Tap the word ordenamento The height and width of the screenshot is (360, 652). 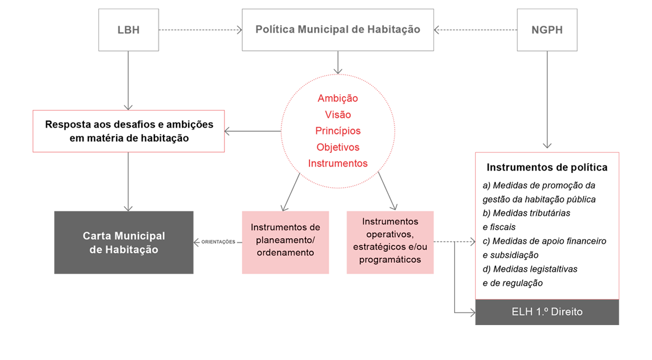click(x=285, y=252)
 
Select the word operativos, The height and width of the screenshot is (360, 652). click(x=390, y=234)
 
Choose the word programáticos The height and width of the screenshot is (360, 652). click(x=390, y=259)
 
